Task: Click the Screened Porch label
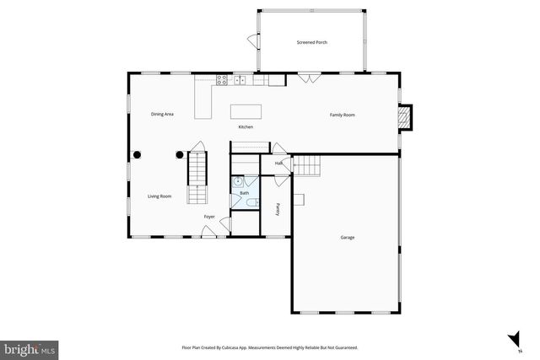(311, 42)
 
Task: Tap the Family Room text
(342, 114)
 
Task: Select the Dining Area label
(162, 113)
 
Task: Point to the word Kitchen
(245, 126)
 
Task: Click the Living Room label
(159, 196)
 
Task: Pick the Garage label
(347, 237)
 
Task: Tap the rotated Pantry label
(278, 208)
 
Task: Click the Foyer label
(209, 217)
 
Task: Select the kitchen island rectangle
(246, 110)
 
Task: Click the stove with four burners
(222, 80)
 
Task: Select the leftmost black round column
(137, 154)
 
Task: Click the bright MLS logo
(29, 347)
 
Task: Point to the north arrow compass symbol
(513, 341)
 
